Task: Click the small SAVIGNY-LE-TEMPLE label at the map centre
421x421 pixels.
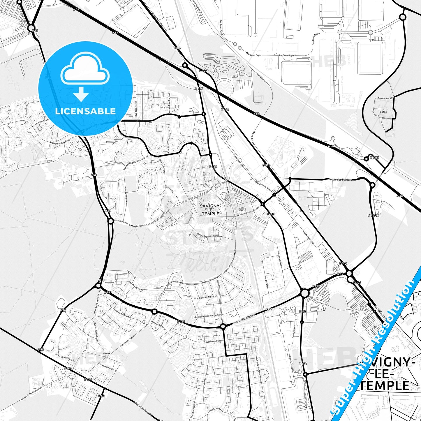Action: [x=210, y=210]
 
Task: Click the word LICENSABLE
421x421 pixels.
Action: [x=85, y=111]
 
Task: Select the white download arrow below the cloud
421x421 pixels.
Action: [x=81, y=94]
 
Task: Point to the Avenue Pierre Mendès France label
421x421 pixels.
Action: [x=131, y=223]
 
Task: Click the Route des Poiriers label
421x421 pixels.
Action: [x=340, y=179]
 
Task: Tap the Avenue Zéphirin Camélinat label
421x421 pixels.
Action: [x=209, y=235]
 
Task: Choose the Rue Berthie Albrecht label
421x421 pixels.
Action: [x=206, y=297]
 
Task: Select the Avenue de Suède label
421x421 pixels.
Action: [x=214, y=341]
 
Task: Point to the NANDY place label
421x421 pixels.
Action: [x=107, y=353]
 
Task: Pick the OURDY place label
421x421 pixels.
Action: [x=383, y=112]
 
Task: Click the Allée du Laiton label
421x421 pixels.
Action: [x=280, y=258]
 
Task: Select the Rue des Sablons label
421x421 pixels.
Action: [x=158, y=325]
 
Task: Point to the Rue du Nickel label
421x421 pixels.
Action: [x=294, y=331]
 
